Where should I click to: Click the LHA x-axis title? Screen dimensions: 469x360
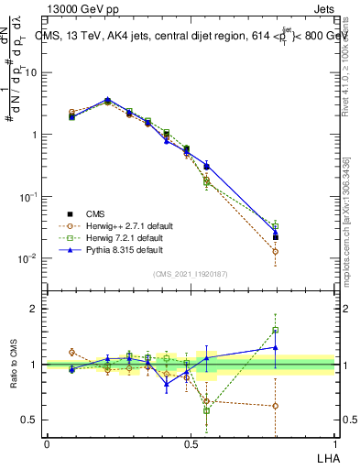(326, 456)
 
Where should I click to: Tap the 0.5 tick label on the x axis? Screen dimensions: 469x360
(191, 442)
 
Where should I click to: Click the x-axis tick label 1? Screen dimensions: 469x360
(334, 442)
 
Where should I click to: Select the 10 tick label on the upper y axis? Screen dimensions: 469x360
(31, 72)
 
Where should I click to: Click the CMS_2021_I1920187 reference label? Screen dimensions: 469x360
(191, 273)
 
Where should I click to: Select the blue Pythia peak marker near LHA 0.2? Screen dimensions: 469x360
(107, 100)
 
